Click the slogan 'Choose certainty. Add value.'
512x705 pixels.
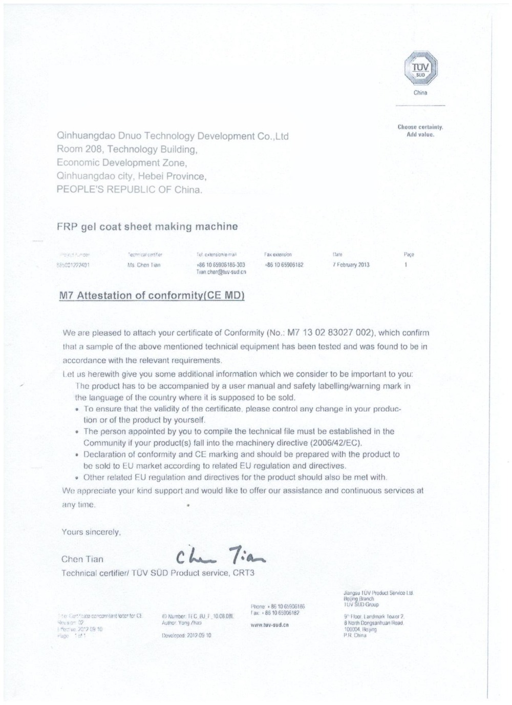[x=420, y=131]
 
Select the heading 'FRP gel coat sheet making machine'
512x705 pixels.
[x=147, y=226]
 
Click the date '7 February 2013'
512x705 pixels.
[x=350, y=265]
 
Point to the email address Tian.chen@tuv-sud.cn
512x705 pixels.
[x=221, y=272]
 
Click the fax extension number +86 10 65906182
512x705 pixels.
[x=284, y=265]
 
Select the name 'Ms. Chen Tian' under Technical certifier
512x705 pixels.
[x=144, y=265]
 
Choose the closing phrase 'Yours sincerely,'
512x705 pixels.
[x=91, y=532]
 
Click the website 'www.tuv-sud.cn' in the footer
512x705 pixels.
[x=270, y=625]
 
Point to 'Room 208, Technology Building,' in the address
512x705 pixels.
[x=127, y=150]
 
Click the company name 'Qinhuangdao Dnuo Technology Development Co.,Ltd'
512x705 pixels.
[x=173, y=136]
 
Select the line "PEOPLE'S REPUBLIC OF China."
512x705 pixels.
[x=130, y=190]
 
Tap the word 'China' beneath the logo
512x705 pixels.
[x=420, y=93]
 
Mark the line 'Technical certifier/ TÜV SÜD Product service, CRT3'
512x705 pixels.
[x=158, y=573]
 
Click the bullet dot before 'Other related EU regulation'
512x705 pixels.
[x=76, y=478]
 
